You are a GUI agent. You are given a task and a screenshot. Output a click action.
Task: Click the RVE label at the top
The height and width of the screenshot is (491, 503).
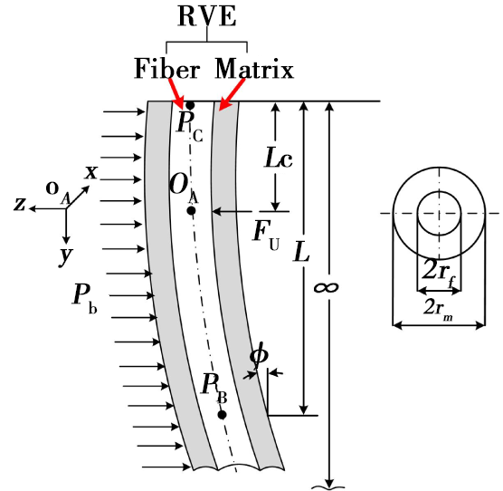[x=207, y=16]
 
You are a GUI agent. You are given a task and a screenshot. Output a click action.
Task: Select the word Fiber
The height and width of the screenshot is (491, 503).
[x=166, y=68]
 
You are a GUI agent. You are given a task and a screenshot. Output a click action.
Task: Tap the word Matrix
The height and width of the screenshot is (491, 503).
[x=254, y=68]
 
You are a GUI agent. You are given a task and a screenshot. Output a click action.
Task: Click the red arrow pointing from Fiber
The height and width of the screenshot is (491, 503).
[x=176, y=93]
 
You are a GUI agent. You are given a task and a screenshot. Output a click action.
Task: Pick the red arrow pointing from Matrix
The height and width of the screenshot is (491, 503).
[x=232, y=94]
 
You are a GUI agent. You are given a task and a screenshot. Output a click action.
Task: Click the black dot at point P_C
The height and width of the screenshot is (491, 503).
[x=190, y=105]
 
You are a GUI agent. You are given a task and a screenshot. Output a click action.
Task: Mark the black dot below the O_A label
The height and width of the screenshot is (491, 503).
[x=191, y=211]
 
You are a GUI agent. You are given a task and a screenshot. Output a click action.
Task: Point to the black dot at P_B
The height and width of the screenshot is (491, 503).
[x=222, y=415]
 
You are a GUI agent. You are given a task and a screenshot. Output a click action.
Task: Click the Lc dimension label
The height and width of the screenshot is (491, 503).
[x=279, y=158]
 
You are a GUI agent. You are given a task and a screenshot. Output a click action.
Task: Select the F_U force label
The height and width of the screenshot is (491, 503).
[x=266, y=236]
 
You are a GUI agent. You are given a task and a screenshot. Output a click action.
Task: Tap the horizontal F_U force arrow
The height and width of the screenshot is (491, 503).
[x=233, y=211]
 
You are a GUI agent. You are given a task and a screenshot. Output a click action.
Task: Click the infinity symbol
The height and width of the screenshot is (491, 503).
[x=326, y=287]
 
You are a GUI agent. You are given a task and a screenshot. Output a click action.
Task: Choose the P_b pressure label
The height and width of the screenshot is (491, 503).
[x=85, y=299]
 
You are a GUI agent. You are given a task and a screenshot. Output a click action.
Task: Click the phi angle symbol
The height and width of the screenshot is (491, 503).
[x=259, y=355]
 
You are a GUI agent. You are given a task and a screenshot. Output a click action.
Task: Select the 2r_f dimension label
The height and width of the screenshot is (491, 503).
[x=439, y=273]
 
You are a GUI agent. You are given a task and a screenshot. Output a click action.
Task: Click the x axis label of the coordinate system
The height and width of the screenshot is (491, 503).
[x=91, y=173]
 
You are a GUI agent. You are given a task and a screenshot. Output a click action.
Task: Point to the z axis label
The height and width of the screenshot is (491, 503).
[x=20, y=204]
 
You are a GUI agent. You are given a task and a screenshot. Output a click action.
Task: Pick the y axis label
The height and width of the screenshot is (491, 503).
[x=66, y=256]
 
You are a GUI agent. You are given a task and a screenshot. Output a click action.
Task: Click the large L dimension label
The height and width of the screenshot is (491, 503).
[x=301, y=252]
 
